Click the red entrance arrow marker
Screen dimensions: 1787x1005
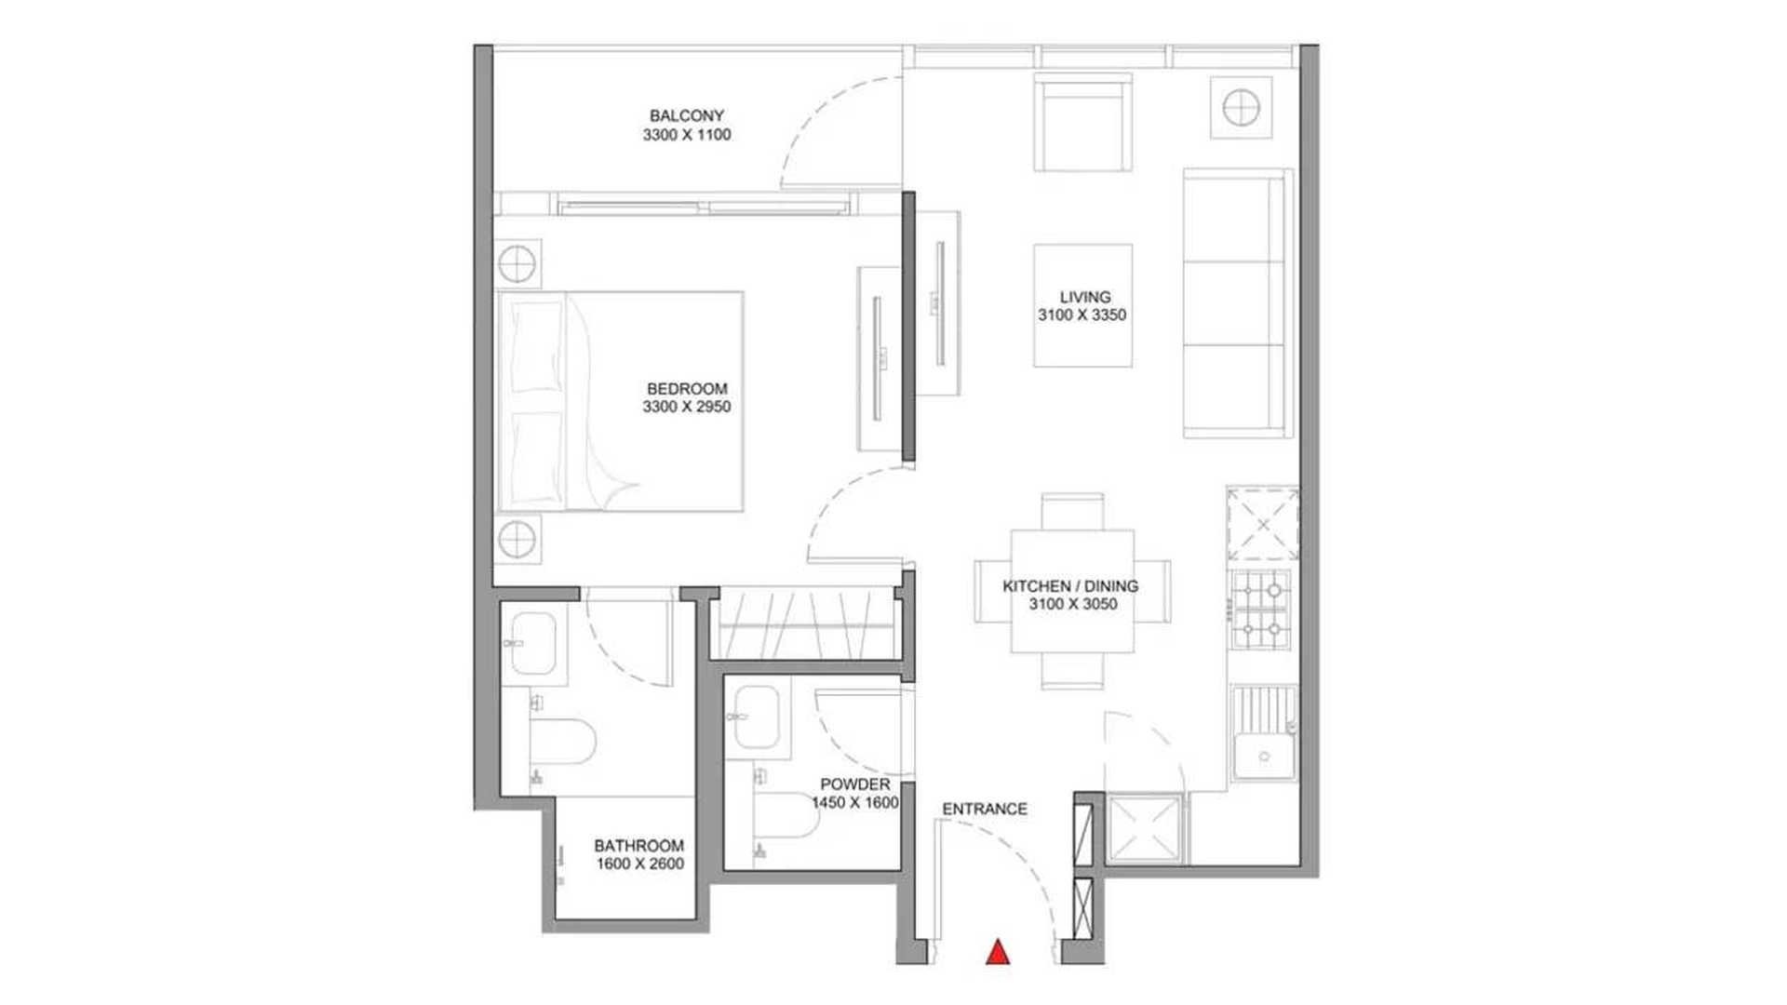coord(998,952)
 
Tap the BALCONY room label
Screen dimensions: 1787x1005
coord(687,116)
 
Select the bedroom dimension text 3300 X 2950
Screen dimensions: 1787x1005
coord(687,407)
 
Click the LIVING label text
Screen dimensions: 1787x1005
coord(1084,298)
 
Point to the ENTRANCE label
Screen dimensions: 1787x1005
coord(985,810)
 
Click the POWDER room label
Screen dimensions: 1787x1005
coord(854,784)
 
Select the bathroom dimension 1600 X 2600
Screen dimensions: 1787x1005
coord(640,864)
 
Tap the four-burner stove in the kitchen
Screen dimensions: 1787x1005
coord(1262,610)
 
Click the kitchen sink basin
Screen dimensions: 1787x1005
coord(1264,755)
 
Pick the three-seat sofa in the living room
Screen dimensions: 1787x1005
coord(1237,303)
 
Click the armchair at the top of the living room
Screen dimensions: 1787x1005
coord(1083,125)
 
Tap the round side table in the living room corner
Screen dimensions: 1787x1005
coord(1241,108)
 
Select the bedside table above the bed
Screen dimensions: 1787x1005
coord(517,264)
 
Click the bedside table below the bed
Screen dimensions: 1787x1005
coord(517,538)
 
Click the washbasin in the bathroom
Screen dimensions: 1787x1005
coord(533,643)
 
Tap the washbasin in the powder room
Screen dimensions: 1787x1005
coord(757,717)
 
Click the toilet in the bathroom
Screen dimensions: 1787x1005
coord(562,741)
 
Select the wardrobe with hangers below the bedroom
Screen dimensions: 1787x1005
coord(806,623)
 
